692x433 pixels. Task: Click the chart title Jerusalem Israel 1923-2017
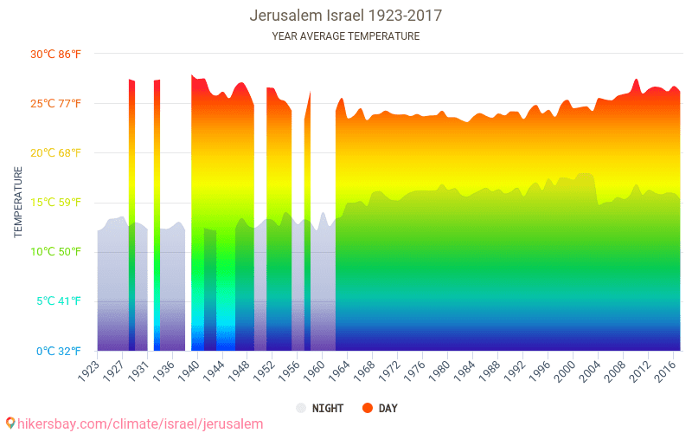click(346, 16)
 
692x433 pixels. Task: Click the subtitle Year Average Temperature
click(346, 36)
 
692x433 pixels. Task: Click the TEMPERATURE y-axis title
click(18, 203)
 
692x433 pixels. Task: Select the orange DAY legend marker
click(367, 408)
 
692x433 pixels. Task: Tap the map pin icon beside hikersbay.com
click(10, 423)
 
